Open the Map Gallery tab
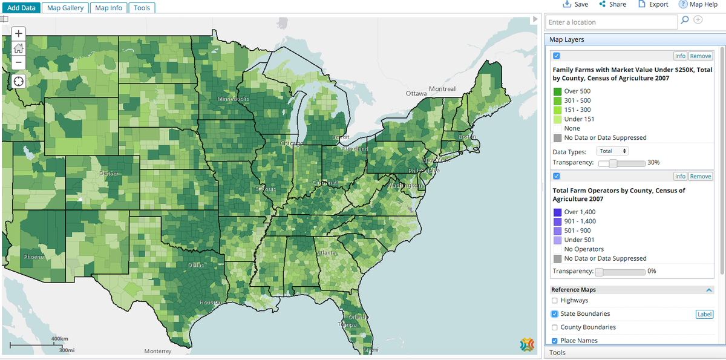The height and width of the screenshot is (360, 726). tap(65, 8)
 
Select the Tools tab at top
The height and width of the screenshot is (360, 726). tap(142, 8)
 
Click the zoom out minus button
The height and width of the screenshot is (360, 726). tap(19, 62)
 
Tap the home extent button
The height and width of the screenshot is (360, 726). tap(19, 48)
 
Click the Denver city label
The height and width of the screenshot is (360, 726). tap(109, 174)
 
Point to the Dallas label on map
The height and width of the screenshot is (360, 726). tap(196, 265)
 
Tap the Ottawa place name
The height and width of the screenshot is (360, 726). tap(416, 94)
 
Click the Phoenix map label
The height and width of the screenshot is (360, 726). tap(34, 257)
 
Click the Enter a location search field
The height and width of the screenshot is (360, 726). tap(611, 22)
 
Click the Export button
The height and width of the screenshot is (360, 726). tap(653, 4)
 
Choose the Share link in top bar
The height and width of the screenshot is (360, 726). tap(612, 4)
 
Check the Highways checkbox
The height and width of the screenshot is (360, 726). tap(555, 300)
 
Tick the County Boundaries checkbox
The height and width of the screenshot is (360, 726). tap(555, 327)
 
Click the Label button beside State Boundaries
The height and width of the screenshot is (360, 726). tap(704, 314)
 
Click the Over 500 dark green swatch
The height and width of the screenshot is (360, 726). tap(557, 91)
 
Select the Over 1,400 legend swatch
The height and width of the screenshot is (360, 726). tap(557, 212)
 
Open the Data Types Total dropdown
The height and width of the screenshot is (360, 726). tap(612, 151)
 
